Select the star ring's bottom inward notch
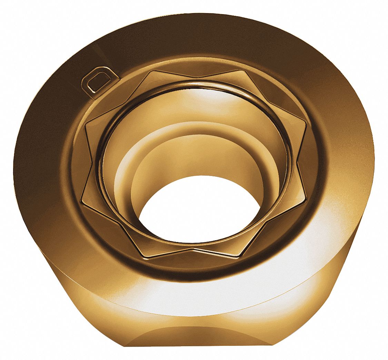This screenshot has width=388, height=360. pos(193,249)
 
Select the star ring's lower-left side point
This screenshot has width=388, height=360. pos(81,199)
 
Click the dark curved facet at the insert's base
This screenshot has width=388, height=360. pos(193,340)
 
